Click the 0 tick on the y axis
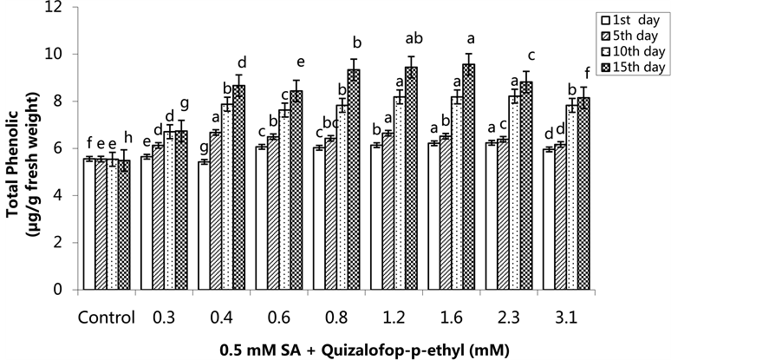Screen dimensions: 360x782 58,290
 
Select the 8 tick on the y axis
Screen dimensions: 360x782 58,101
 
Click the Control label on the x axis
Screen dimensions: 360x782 106,317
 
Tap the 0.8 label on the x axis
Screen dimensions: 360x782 336,317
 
